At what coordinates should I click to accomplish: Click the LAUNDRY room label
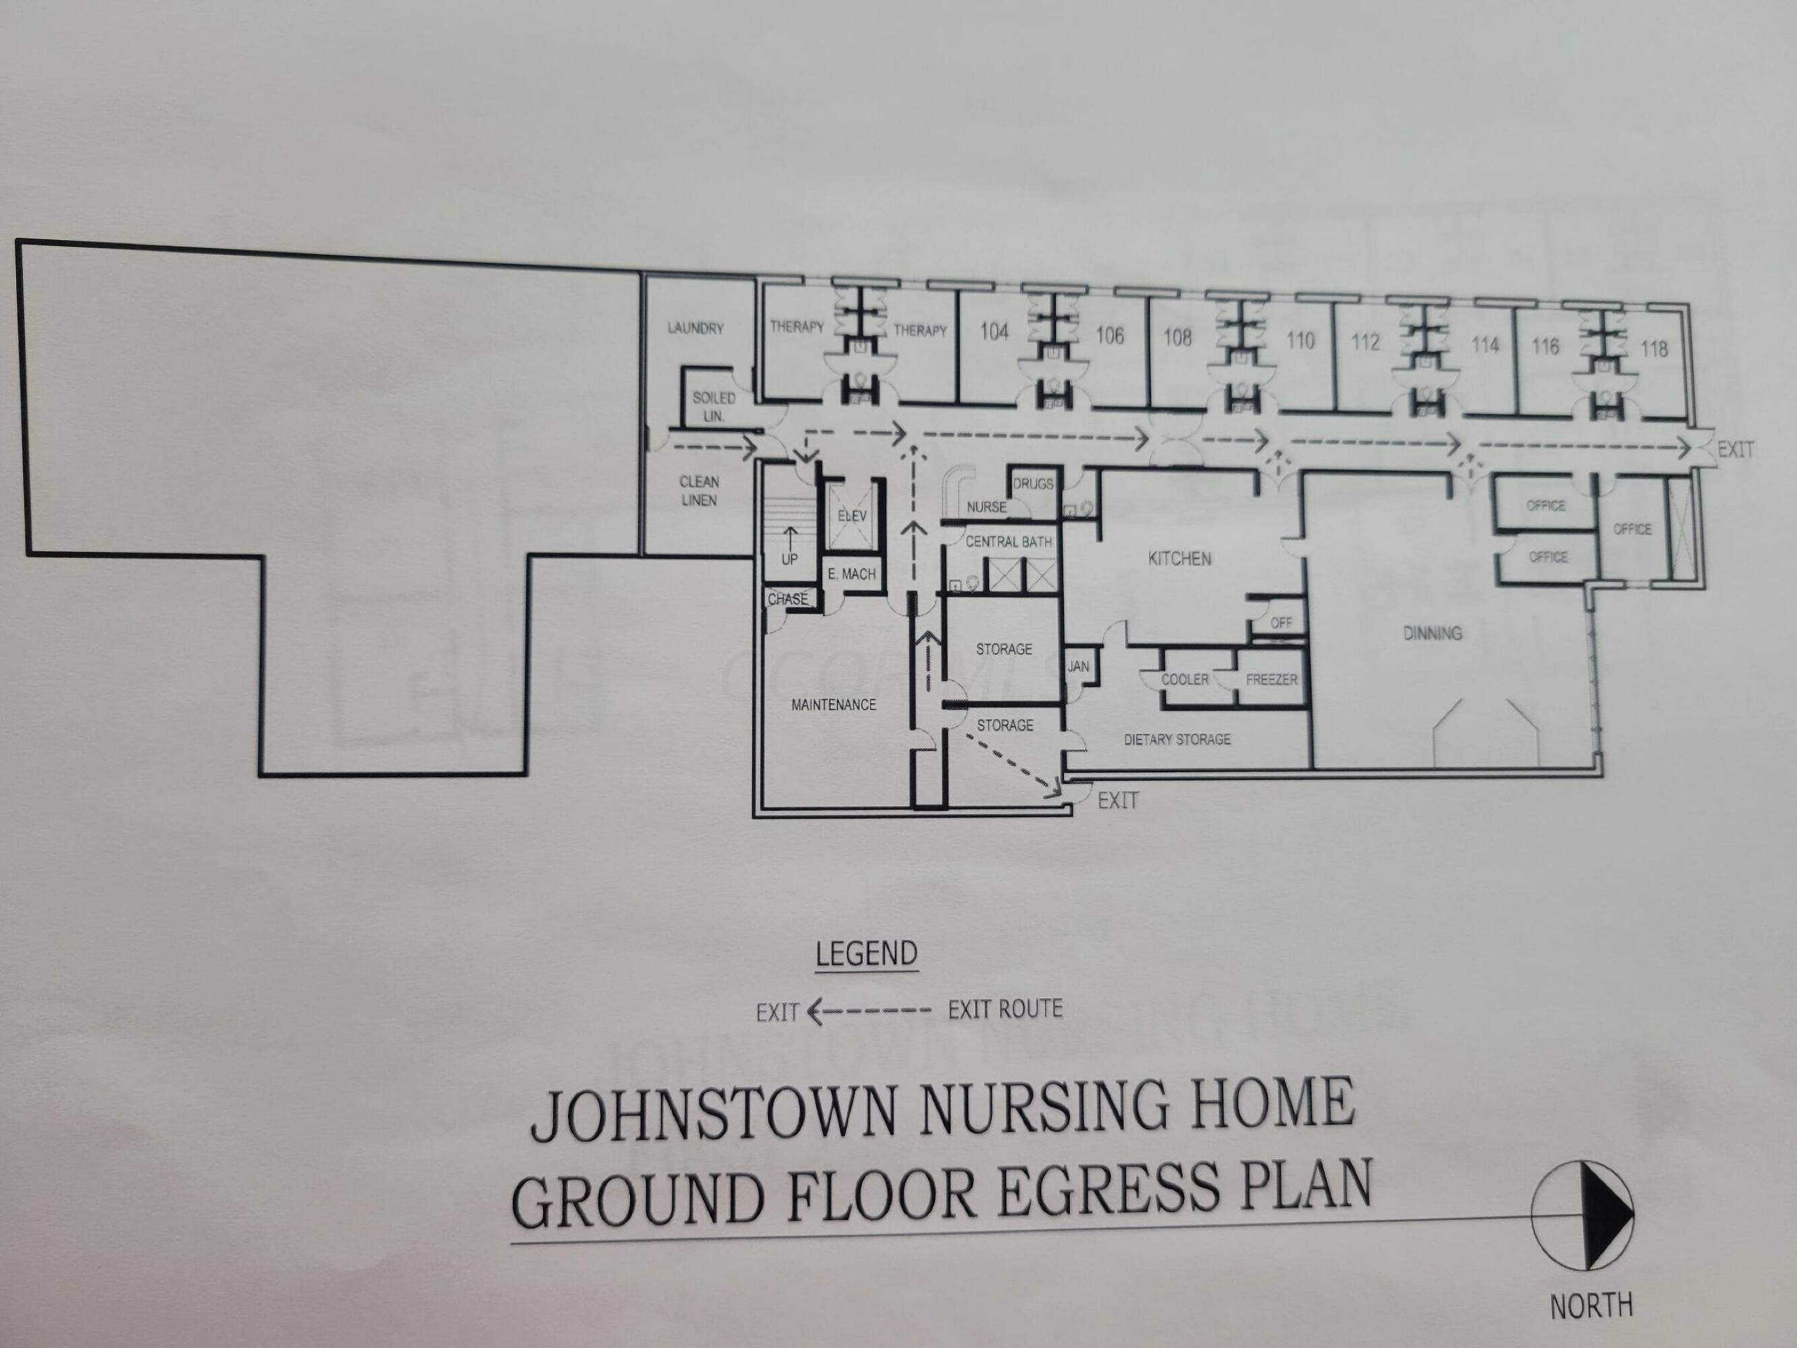695,328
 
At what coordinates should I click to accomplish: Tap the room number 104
994,332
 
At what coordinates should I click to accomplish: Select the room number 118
1654,348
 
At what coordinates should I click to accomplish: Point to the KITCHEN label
1180,559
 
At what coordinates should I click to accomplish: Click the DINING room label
1432,633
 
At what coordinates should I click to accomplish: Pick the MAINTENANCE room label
833,704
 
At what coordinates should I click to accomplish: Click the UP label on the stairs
789,559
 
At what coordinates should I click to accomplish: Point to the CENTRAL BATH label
1008,542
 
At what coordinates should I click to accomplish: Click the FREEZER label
1271,679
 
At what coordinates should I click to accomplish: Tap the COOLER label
1185,679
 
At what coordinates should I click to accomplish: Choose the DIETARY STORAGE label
1177,739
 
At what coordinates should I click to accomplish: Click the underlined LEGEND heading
866,954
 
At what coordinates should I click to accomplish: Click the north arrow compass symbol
1583,1215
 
